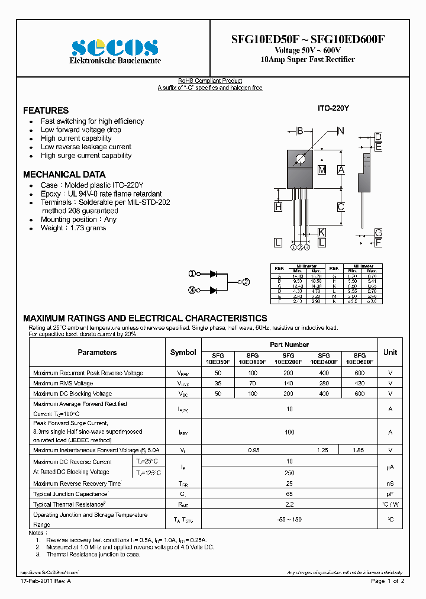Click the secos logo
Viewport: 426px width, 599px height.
(x=115, y=47)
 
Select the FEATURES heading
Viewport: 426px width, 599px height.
(x=46, y=111)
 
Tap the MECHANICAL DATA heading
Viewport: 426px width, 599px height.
(x=64, y=175)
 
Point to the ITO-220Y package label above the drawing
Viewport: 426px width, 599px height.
(x=333, y=108)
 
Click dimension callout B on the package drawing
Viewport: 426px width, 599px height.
(x=299, y=131)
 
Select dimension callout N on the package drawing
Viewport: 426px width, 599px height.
(x=340, y=131)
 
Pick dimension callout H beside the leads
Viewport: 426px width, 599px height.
(x=277, y=207)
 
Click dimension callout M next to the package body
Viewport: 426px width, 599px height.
(x=322, y=170)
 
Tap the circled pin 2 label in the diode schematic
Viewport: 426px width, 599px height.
(x=246, y=282)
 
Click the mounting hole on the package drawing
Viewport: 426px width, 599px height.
(x=300, y=158)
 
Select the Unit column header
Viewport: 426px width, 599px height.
(x=390, y=352)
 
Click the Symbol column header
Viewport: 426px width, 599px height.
(x=183, y=352)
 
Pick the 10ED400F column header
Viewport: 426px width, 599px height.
(x=324, y=358)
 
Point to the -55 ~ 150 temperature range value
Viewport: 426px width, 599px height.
(x=289, y=519)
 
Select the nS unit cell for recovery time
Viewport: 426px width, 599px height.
(x=390, y=483)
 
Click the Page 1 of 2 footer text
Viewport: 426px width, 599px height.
(x=388, y=581)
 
